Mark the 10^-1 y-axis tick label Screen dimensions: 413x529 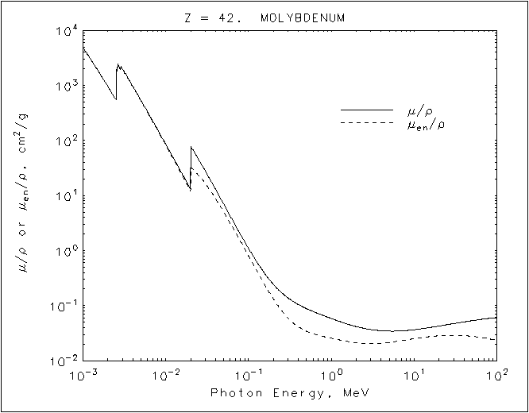click(x=64, y=307)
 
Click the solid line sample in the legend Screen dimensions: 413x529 click(x=366, y=110)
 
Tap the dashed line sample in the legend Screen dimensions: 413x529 click(x=366, y=123)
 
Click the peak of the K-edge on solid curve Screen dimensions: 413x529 click(x=191, y=147)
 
